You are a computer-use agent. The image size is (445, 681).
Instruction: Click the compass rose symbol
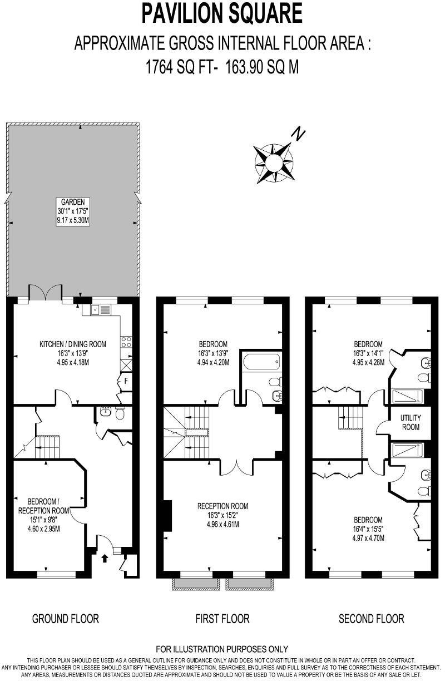pyautogui.click(x=274, y=163)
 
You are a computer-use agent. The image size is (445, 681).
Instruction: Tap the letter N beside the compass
pyautogui.click(x=300, y=134)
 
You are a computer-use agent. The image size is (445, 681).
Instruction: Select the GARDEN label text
pyautogui.click(x=73, y=203)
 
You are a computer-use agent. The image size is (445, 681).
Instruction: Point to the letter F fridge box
pyautogui.click(x=126, y=381)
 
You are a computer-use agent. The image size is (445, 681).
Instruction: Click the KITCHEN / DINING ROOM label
pyautogui.click(x=72, y=344)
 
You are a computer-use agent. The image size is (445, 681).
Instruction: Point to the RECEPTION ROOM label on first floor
pyautogui.click(x=222, y=506)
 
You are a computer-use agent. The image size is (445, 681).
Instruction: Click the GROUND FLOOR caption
pyautogui.click(x=66, y=618)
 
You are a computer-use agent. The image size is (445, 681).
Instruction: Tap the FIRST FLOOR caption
pyautogui.click(x=222, y=618)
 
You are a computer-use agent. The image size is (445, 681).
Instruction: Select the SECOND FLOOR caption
pyautogui.click(x=372, y=618)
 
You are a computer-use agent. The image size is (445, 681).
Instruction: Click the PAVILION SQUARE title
pyautogui.click(x=222, y=13)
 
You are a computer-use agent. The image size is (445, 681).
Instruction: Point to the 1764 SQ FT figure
pyautogui.click(x=178, y=67)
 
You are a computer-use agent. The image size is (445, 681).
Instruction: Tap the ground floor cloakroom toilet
pyautogui.click(x=118, y=413)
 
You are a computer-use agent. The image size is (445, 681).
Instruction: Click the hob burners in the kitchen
pyautogui.click(x=126, y=341)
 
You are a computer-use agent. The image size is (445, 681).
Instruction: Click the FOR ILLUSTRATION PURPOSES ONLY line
pyautogui.click(x=222, y=649)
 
